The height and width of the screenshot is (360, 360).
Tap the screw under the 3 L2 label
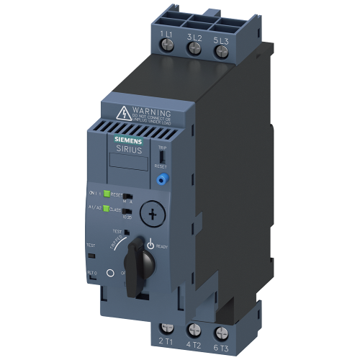coord(193,48)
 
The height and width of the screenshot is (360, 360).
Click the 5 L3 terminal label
coord(221,35)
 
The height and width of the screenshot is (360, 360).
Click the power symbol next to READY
coord(151,245)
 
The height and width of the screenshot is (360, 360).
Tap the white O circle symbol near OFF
coord(110,274)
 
